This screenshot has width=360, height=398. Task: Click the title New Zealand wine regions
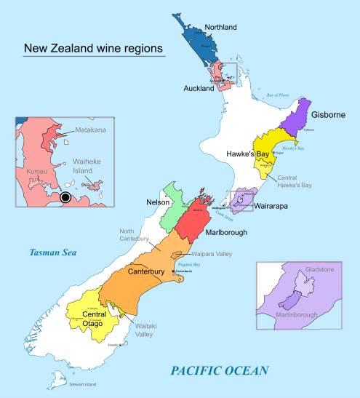click(x=94, y=49)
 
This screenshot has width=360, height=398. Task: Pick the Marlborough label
click(x=225, y=232)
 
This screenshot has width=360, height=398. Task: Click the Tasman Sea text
click(x=53, y=253)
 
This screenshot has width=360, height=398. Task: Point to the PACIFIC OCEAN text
click(x=219, y=371)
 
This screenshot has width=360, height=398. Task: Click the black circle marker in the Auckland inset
click(x=66, y=197)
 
